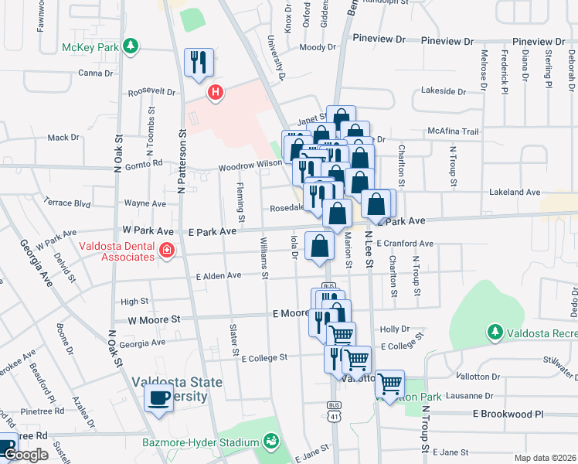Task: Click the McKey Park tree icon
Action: click(x=131, y=46)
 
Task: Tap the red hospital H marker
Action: click(x=216, y=94)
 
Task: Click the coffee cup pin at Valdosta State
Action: click(x=159, y=397)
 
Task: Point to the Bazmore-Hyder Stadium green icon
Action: click(x=271, y=442)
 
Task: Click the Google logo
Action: click(x=25, y=455)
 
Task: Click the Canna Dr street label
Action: click(x=96, y=73)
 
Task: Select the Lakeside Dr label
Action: click(x=444, y=90)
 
